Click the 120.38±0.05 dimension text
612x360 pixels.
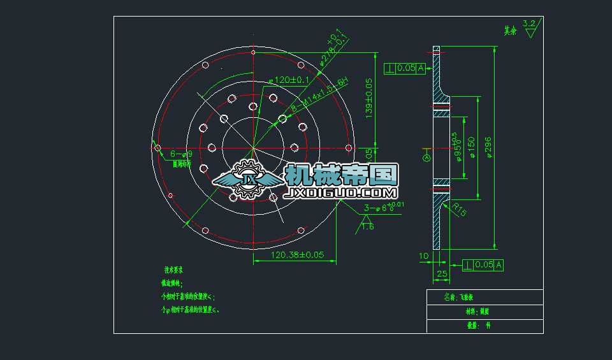pyautogui.click(x=298, y=255)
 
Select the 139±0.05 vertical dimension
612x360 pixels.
pyautogui.click(x=368, y=101)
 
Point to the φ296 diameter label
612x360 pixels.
pyautogui.click(x=489, y=147)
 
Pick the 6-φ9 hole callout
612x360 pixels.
pyautogui.click(x=181, y=154)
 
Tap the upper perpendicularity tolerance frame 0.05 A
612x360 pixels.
pyautogui.click(x=405, y=68)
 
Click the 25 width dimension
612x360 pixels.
pyautogui.click(x=441, y=274)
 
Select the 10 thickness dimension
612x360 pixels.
pyautogui.click(x=424, y=256)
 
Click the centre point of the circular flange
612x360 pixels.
pyautogui.click(x=253, y=148)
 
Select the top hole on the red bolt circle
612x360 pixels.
pyautogui.click(x=253, y=52)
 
